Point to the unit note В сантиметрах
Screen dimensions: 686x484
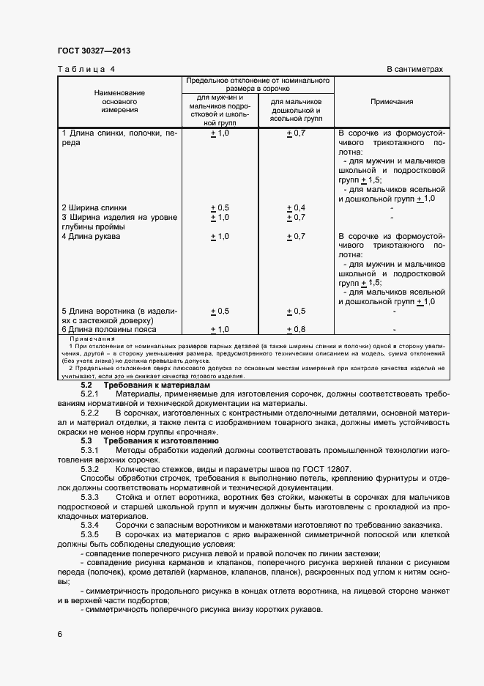pos(414,69)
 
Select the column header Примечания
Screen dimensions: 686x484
pos(391,102)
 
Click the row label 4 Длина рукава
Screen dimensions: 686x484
pos(89,236)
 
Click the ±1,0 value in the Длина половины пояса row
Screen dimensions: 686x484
pos(220,330)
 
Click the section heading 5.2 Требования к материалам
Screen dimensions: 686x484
pos(145,385)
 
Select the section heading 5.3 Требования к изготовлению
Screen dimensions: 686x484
pos(149,441)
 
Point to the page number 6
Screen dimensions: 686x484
pos(61,633)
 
